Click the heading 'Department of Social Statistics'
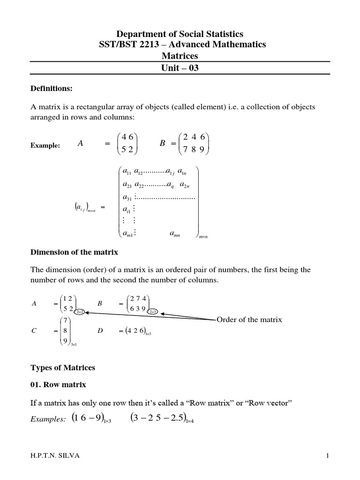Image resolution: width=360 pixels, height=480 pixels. coord(180,34)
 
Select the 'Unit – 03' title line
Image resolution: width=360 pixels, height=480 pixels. coord(180,67)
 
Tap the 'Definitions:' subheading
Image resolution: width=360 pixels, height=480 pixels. coord(52,88)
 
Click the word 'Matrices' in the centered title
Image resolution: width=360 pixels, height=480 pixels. coord(180,56)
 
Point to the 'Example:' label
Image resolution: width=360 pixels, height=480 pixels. coord(45,146)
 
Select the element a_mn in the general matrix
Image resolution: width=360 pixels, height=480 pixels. coord(174,233)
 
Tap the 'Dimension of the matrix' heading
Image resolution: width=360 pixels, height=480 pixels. coord(74,252)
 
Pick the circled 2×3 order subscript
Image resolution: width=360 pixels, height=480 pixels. coord(153,312)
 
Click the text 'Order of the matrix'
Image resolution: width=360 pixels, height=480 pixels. coord(249,320)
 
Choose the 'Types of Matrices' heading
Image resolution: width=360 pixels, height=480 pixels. coord(63,368)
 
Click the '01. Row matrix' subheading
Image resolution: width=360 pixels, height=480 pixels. coord(59,385)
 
